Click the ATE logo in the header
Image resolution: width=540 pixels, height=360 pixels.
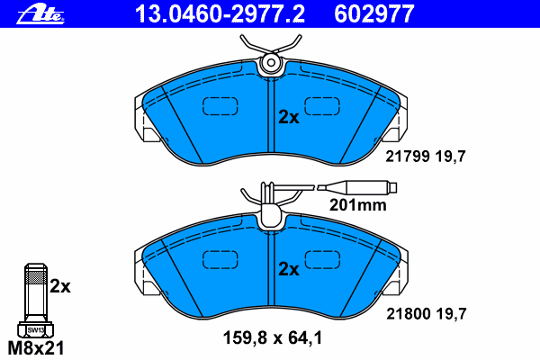pos(40,14)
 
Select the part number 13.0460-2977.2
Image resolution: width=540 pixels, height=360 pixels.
pos(220,14)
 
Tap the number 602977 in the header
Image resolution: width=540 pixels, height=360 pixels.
pos(374,14)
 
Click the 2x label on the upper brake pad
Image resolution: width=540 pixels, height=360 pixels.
pos(289,118)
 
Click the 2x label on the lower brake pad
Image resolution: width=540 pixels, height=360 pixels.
pos(289,269)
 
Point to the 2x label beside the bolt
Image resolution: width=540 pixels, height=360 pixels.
pos(60,286)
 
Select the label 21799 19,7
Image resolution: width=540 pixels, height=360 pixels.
pos(426,157)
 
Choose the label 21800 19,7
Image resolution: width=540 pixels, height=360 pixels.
pos(426,314)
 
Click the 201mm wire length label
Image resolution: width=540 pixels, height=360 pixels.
pos(358,205)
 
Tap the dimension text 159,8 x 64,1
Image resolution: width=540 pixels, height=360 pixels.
pos(273,338)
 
